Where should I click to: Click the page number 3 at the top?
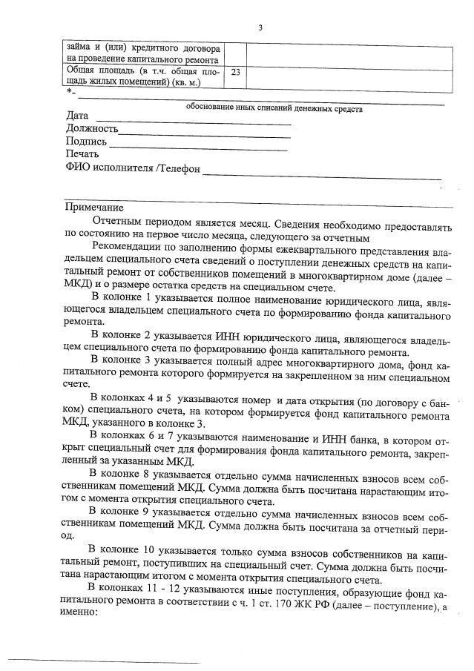click(x=260, y=27)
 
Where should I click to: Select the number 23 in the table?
click(x=235, y=73)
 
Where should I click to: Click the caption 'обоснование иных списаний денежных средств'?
click(x=274, y=108)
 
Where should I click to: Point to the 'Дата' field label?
click(x=77, y=116)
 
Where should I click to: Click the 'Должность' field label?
click(x=92, y=129)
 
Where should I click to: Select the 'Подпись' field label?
click(x=86, y=142)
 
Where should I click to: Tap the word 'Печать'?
click(x=82, y=154)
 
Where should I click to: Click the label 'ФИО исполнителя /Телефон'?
click(x=134, y=168)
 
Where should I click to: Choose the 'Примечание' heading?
click(x=94, y=207)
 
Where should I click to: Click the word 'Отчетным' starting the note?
click(x=119, y=221)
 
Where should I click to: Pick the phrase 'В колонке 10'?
click(x=122, y=549)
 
